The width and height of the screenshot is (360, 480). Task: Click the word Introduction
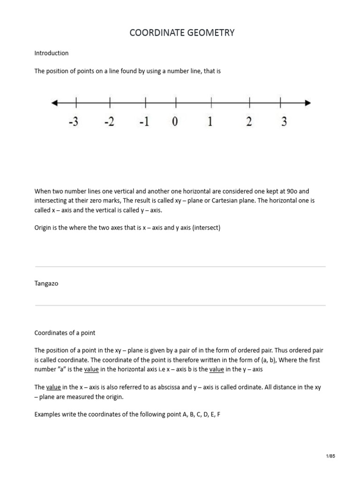click(x=52, y=53)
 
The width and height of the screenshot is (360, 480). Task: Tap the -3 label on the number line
click(x=74, y=122)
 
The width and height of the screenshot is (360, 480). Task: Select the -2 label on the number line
click(x=109, y=122)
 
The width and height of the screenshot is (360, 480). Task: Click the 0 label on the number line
click(x=175, y=122)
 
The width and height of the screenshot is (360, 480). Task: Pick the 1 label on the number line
click(x=210, y=122)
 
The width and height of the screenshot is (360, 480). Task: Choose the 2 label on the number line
click(x=249, y=122)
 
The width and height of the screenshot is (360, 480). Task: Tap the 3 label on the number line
click(x=284, y=122)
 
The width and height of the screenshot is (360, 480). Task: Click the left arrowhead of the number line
click(x=54, y=103)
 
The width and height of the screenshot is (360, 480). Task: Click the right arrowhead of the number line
click(x=307, y=103)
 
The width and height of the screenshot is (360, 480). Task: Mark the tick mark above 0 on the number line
click(x=176, y=102)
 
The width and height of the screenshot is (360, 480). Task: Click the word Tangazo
click(x=46, y=284)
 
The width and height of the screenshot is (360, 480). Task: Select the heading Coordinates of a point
click(x=65, y=333)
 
